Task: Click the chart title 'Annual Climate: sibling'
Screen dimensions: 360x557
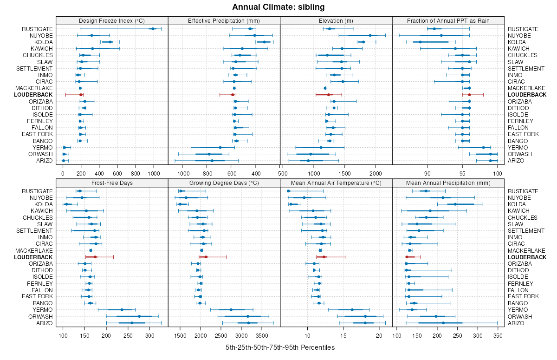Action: click(278, 7)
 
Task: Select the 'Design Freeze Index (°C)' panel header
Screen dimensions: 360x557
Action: click(112, 20)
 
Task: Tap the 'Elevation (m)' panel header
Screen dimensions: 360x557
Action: click(336, 20)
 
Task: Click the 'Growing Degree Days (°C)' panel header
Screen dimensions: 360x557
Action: click(224, 183)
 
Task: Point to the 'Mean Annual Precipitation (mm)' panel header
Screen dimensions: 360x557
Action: click(448, 183)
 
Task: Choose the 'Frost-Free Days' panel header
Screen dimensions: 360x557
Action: click(112, 183)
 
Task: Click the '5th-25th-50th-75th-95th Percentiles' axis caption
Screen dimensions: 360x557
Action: click(280, 347)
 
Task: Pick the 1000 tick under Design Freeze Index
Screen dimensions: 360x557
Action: click(154, 174)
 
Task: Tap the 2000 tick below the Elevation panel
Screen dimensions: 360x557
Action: click(376, 174)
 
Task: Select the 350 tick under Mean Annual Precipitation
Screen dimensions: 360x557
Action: click(498, 335)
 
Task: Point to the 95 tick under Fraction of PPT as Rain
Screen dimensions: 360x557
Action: click(462, 174)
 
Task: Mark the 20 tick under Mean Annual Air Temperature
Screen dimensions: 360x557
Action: click(379, 335)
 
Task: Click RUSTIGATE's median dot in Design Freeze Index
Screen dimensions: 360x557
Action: click(153, 29)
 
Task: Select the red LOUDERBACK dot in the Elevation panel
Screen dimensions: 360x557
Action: click(328, 95)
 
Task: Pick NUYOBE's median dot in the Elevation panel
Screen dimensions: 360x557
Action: click(370, 35)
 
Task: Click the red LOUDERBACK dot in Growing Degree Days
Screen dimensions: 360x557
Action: click(206, 257)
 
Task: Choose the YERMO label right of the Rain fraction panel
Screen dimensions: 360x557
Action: click(516, 147)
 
